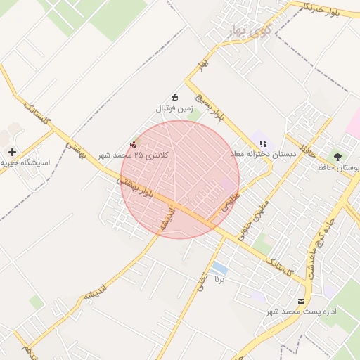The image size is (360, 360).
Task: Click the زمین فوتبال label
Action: pos(174,109)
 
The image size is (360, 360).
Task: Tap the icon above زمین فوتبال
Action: pos(174,98)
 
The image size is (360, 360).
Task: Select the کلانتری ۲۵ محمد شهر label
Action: pos(134,155)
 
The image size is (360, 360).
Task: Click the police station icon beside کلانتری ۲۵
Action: pos(134,143)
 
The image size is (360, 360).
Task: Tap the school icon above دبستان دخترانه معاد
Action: pos(263,143)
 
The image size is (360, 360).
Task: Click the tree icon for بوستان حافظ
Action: pos(340,156)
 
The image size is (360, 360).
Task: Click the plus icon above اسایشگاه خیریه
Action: pos(12,152)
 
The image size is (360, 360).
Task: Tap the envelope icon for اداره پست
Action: pos(302,301)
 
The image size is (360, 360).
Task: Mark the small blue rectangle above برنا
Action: pos(219,268)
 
